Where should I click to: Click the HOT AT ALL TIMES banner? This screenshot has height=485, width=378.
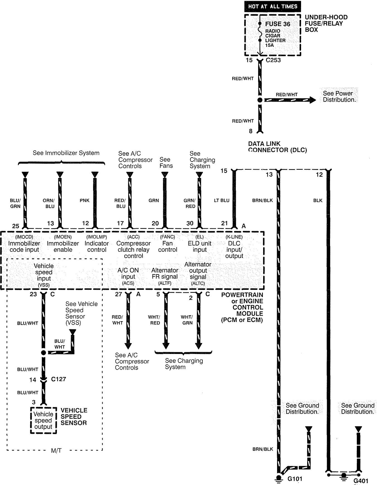pos(272,6)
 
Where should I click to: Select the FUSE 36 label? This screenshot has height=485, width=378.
pos(278,24)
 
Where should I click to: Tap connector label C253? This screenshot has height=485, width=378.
pos(273,60)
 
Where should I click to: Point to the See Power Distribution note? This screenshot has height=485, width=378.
pos(339,96)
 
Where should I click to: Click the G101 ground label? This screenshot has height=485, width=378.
pos(295,479)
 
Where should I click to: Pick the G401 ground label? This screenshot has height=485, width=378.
pos(361,481)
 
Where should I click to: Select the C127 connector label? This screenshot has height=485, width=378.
pos(59,379)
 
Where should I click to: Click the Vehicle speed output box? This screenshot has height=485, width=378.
pos(43,420)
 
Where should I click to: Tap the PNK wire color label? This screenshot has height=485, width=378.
pos(84,201)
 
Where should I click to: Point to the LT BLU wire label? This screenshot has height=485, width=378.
pos(222,201)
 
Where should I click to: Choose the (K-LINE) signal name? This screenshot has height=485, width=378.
pos(234,237)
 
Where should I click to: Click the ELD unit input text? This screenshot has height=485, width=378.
pos(200,246)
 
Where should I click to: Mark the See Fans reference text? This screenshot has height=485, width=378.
pos(166,163)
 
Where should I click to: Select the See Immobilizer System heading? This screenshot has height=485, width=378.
pos(66,153)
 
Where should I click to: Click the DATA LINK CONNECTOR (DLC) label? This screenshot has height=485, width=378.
pos(277,147)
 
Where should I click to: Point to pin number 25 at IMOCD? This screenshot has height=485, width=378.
pos(16,226)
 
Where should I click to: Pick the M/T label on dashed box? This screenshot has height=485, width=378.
pos(56,450)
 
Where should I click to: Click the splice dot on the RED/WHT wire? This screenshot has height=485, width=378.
pos(260,100)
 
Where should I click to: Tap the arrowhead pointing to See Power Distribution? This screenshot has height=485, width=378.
pos(312,100)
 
